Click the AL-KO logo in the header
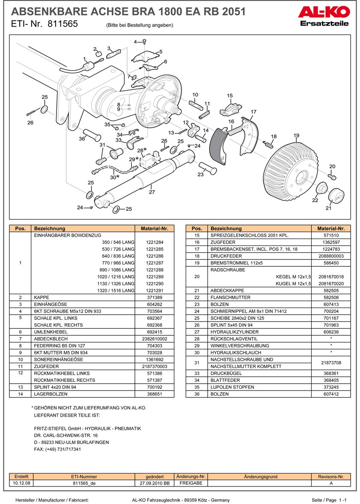point(324,12)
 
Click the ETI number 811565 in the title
point(63,24)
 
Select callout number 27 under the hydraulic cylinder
point(152,192)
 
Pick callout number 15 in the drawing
point(229,96)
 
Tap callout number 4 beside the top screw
point(135,42)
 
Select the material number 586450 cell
point(331,263)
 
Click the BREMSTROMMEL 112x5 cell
point(259,263)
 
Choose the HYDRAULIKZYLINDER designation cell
point(259,332)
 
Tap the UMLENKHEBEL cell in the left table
point(84,332)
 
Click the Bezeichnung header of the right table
point(259,229)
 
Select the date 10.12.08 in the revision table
point(21,483)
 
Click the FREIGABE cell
point(191,483)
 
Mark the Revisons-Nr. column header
point(331,477)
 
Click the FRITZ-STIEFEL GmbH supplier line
point(87,429)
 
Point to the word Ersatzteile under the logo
point(324,23)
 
